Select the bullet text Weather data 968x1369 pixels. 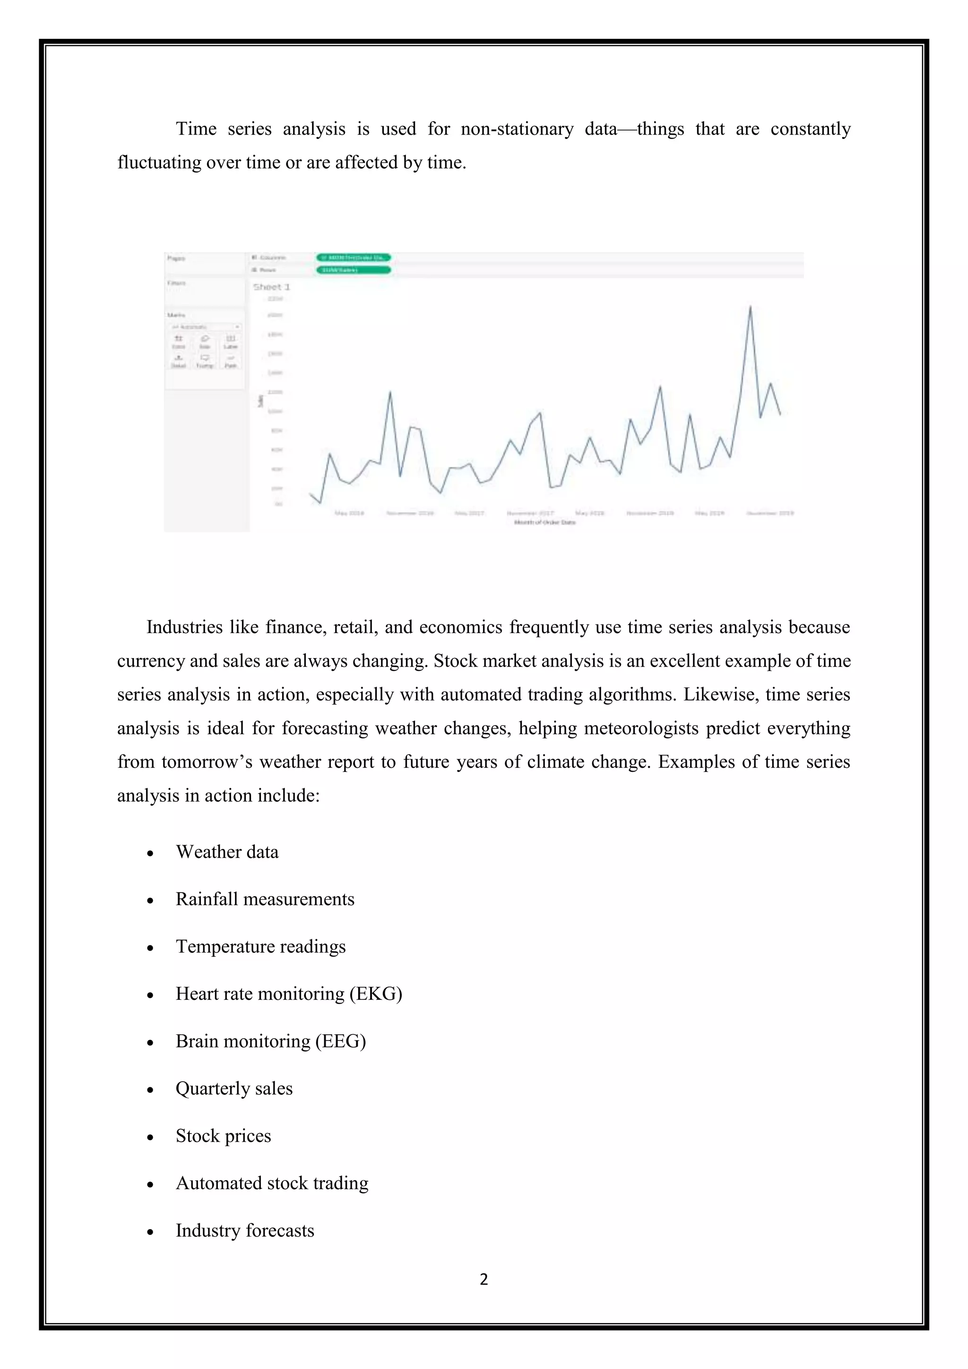[x=226, y=852]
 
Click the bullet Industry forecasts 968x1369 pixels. [x=244, y=1230]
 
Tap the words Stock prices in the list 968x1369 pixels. [x=223, y=1136]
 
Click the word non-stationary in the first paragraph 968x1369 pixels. [x=517, y=130]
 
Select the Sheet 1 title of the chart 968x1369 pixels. [x=271, y=287]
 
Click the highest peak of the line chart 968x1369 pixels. [x=750, y=307]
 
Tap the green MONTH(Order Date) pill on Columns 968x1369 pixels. [x=353, y=258]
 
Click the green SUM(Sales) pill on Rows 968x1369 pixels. [x=353, y=270]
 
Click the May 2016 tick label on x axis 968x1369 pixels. [x=349, y=513]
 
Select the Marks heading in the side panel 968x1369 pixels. [x=176, y=315]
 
